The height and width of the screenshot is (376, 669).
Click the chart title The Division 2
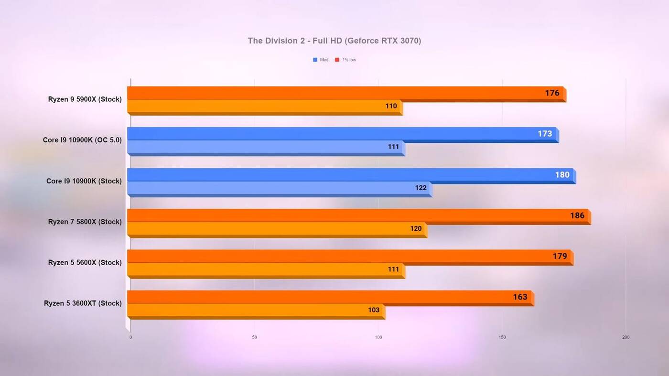pos(334,41)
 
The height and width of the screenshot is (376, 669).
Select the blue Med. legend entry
pos(321,60)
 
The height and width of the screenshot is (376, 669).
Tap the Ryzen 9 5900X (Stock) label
pos(85,99)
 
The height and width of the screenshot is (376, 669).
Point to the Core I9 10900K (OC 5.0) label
pos(82,140)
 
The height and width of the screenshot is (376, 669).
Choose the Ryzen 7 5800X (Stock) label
pos(85,222)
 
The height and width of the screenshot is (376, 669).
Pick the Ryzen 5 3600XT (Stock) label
pos(83,303)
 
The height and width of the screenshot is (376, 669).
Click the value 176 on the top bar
pos(552,93)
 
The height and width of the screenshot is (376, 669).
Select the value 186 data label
pos(577,215)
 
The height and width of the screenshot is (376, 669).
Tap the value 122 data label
pos(421,188)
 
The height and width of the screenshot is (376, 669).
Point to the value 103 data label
pos(374,310)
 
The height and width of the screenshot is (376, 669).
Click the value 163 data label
pos(520,297)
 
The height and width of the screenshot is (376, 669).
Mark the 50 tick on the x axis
pos(254,337)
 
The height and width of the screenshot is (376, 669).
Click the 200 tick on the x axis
pos(626,337)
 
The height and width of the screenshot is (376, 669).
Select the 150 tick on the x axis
pos(502,337)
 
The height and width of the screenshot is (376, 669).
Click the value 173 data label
pos(545,134)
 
